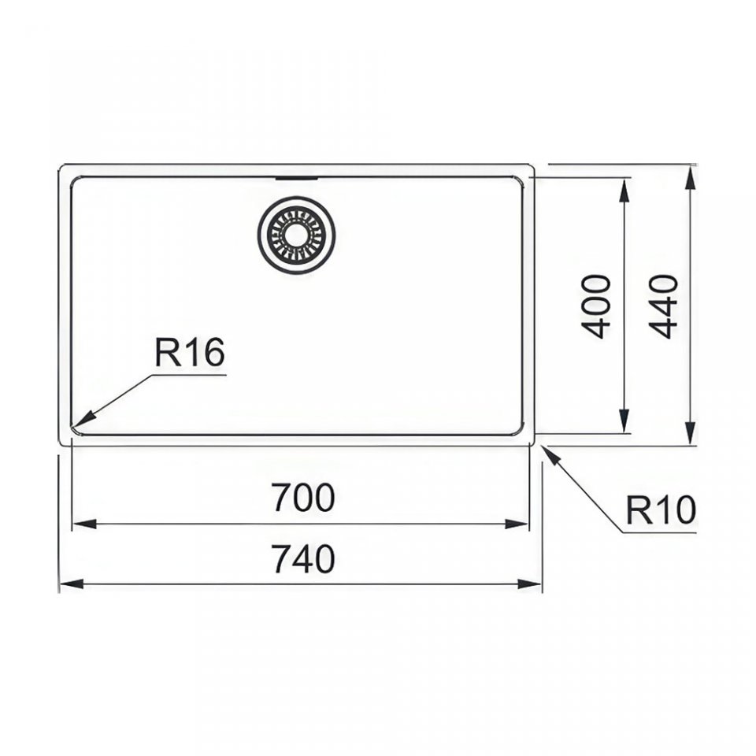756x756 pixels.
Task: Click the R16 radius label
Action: pyautogui.click(x=190, y=352)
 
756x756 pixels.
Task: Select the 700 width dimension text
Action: pyautogui.click(x=302, y=498)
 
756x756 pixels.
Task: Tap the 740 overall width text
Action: pyautogui.click(x=302, y=559)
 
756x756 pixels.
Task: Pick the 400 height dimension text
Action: pyautogui.click(x=596, y=306)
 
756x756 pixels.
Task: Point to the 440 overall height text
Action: pyautogui.click(x=663, y=306)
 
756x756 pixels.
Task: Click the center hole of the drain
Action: pyautogui.click(x=295, y=235)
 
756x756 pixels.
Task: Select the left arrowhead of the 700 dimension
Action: pyautogui.click(x=84, y=524)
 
